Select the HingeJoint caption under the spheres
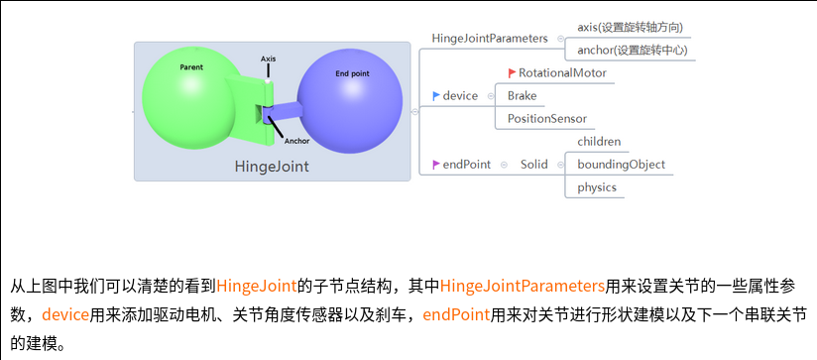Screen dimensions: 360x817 271,167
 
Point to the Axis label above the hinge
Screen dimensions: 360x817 268,59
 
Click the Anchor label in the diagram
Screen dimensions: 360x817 296,141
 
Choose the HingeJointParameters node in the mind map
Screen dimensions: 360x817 490,38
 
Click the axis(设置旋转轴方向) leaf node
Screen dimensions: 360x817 630,27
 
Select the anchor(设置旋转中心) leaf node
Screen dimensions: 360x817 633,50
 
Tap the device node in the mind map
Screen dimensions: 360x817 460,95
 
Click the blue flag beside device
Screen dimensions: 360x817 436,95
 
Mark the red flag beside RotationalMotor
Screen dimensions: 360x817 512,72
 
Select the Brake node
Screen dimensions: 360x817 522,95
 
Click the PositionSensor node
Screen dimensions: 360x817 547,118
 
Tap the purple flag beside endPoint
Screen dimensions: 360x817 436,164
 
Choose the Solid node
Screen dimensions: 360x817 534,164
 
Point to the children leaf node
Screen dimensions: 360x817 599,141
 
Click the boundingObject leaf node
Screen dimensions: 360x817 621,164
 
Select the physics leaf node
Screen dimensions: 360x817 597,186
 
